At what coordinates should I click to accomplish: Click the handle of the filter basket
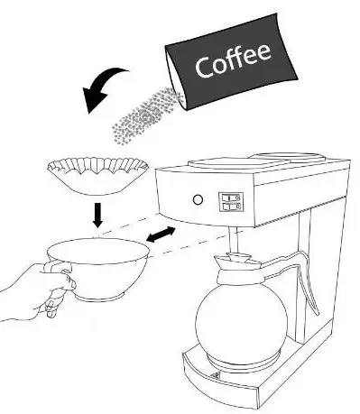click(x=60, y=271)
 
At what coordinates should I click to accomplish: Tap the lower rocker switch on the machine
click(x=231, y=206)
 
